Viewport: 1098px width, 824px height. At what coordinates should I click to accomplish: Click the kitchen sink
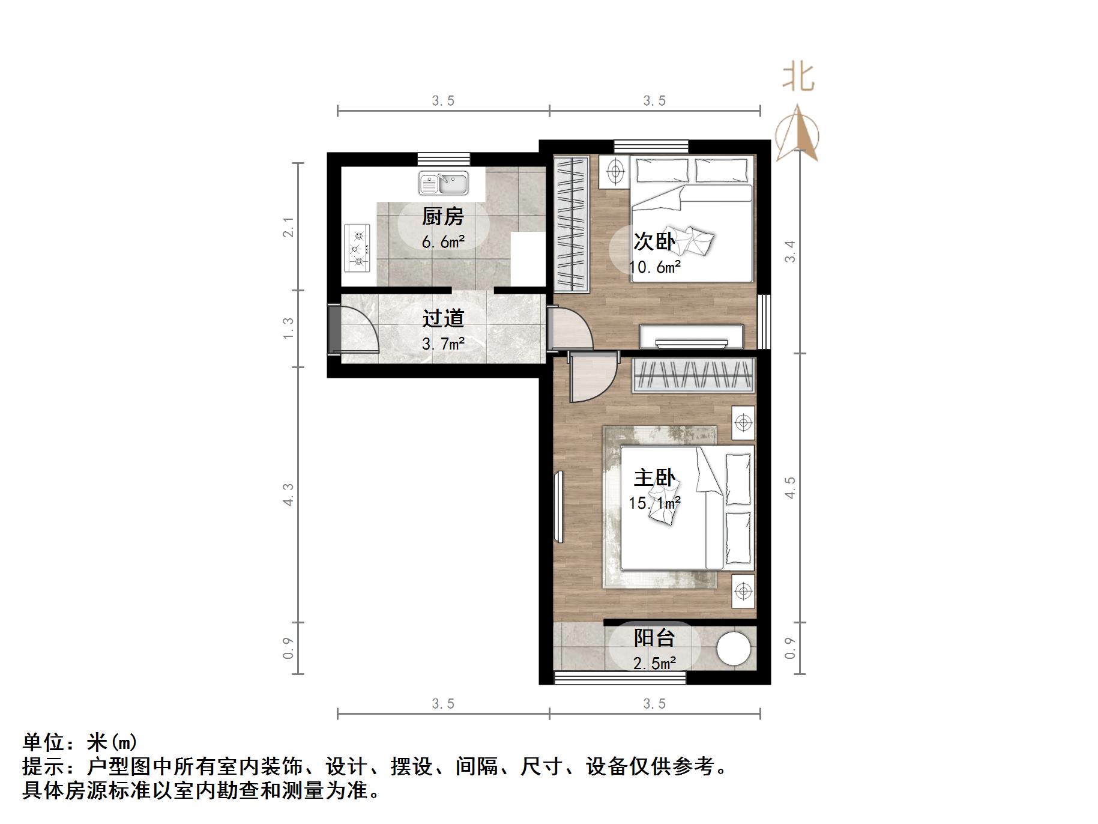point(444,183)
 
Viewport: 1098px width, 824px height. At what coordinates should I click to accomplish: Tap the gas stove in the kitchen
point(357,247)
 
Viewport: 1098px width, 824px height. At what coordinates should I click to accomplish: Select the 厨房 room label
point(443,216)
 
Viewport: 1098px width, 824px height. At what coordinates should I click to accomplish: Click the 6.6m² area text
point(443,242)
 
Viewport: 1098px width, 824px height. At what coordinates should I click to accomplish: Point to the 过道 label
point(443,318)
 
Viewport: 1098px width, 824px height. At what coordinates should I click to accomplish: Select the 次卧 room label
point(654,241)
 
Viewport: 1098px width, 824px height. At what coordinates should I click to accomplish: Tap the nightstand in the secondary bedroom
point(614,171)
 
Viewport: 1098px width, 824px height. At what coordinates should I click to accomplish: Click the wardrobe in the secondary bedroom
point(570,223)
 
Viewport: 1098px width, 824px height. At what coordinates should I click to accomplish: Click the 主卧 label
point(654,478)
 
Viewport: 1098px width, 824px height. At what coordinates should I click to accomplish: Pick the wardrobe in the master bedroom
point(693,375)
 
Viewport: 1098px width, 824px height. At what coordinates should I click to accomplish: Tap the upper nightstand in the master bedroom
point(743,423)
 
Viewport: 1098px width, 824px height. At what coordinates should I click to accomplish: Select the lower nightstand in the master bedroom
point(743,591)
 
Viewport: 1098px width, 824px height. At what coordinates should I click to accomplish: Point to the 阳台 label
point(654,638)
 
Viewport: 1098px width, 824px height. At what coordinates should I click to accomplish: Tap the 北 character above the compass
point(798,77)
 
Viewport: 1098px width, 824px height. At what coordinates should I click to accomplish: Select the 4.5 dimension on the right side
point(790,488)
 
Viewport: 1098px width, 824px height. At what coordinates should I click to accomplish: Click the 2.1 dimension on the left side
point(289,227)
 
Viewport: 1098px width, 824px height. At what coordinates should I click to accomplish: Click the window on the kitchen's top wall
point(444,159)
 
